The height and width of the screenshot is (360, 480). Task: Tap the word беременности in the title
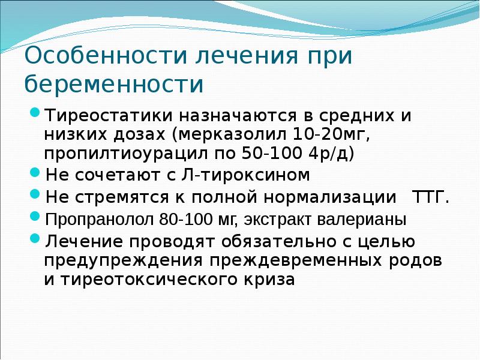coord(115,84)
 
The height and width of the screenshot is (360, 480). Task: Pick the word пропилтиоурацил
coord(124,153)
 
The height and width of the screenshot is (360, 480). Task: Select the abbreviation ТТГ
coord(428,198)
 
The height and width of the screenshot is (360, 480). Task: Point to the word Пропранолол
coord(99,220)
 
